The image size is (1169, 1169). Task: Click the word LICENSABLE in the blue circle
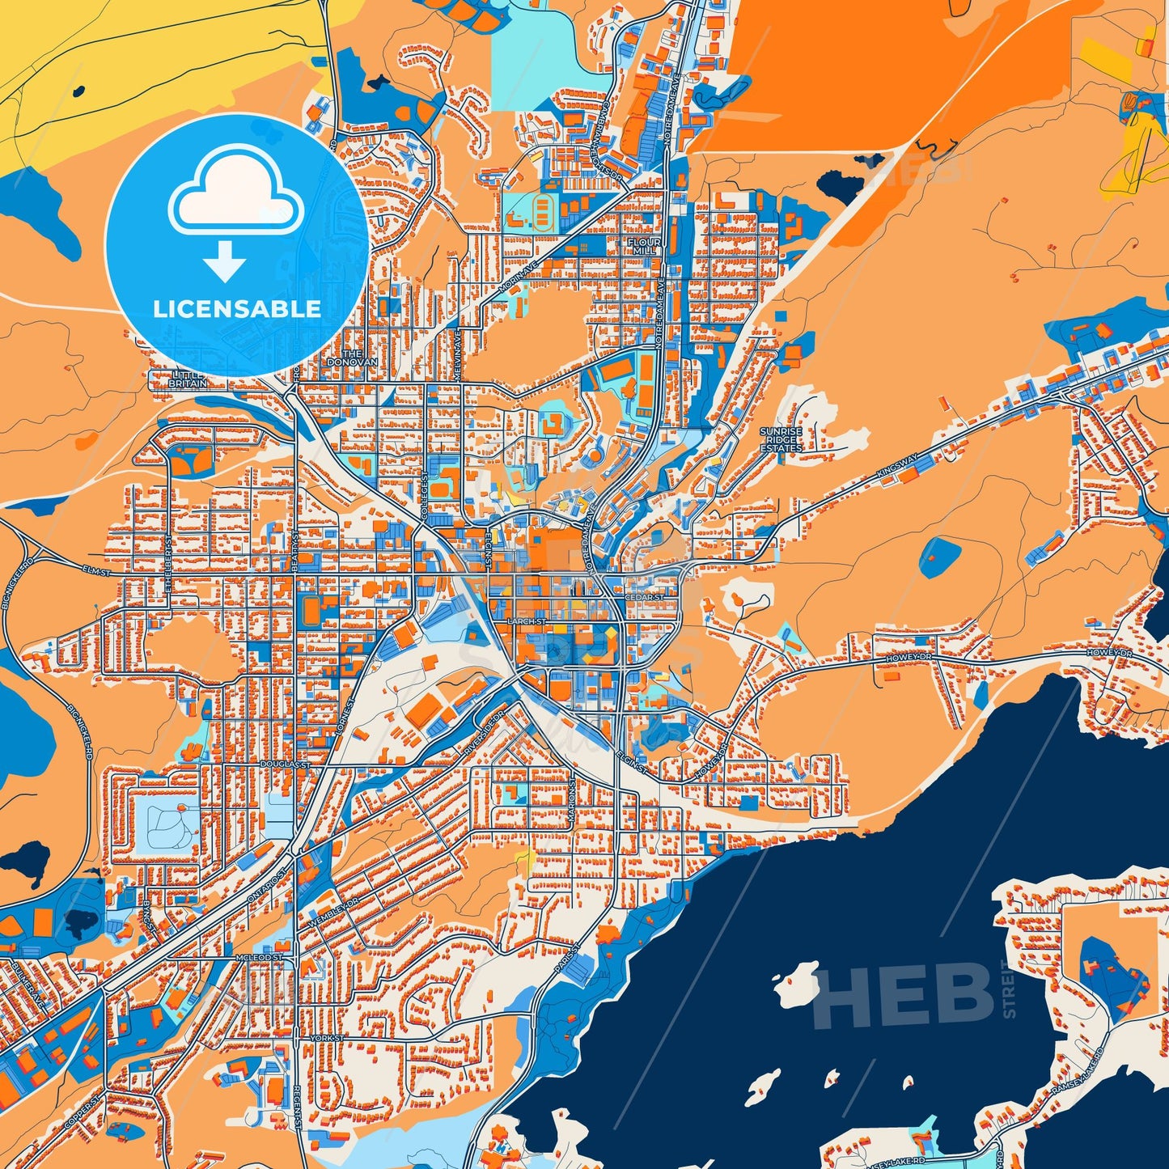point(237,309)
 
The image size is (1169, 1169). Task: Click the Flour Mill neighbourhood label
point(644,247)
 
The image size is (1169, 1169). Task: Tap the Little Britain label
point(188,379)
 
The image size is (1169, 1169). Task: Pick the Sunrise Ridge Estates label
point(781,440)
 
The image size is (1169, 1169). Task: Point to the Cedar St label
point(644,598)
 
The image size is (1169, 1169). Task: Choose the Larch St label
point(526,621)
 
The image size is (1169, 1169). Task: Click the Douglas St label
point(286,764)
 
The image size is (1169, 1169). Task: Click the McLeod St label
point(259,957)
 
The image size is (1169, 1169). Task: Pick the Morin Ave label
point(518,277)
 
